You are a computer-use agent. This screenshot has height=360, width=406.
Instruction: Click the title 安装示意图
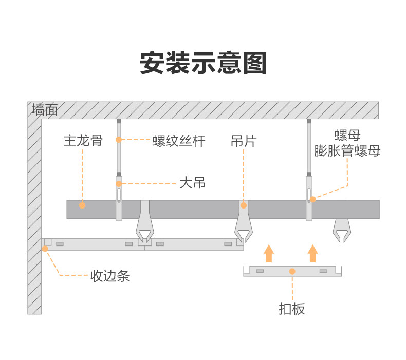tap(204, 63)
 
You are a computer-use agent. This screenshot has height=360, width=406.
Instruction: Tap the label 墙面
tap(45, 109)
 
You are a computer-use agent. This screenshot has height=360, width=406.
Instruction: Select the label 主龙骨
tap(83, 141)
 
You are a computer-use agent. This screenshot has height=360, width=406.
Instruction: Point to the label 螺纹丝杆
tap(179, 141)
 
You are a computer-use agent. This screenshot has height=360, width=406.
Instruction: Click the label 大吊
tap(192, 183)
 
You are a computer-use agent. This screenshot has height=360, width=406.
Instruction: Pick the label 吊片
tap(244, 141)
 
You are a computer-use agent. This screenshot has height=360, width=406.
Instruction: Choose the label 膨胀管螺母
tap(347, 150)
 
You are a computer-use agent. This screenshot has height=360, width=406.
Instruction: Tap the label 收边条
tap(110, 276)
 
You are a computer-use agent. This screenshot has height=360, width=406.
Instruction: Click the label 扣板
tap(292, 309)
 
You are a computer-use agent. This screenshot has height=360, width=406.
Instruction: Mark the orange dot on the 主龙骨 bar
tap(82, 205)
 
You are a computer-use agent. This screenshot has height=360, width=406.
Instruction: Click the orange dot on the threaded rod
tap(119, 140)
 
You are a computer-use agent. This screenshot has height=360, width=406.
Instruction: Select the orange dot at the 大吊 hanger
tap(119, 184)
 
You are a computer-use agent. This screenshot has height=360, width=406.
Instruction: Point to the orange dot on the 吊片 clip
tap(244, 205)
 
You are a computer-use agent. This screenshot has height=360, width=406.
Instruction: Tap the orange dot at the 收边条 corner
tap(45, 249)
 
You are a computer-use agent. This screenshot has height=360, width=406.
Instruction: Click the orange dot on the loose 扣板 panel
tap(292, 271)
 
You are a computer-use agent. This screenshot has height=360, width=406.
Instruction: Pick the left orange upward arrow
tap(269, 254)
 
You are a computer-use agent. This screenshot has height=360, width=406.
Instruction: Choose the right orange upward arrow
tap(313, 254)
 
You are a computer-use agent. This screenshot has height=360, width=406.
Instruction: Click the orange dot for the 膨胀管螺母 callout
tap(313, 199)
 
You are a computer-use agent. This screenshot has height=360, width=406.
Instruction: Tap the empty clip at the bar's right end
tap(342, 231)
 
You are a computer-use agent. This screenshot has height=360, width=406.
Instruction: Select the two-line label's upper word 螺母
tap(347, 135)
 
